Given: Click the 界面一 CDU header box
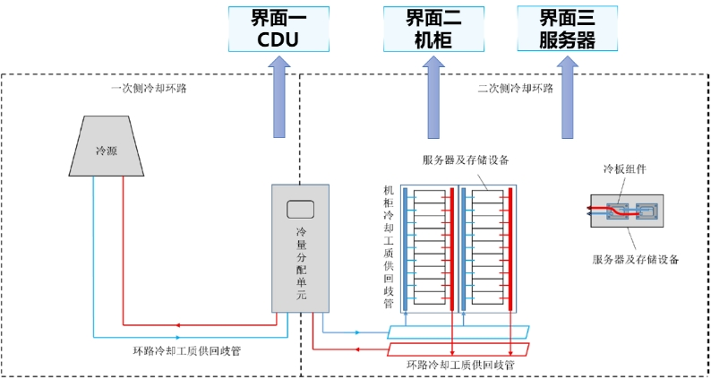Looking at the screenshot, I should [277, 29].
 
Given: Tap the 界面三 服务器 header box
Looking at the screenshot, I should [567, 29].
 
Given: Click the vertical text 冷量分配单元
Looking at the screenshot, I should [301, 263].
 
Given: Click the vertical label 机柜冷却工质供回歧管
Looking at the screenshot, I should [389, 246].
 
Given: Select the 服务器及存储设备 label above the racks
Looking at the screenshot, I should [466, 160].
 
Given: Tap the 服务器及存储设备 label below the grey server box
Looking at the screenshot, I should [636, 260].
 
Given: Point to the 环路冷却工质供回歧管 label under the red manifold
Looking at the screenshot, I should [459, 366].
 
